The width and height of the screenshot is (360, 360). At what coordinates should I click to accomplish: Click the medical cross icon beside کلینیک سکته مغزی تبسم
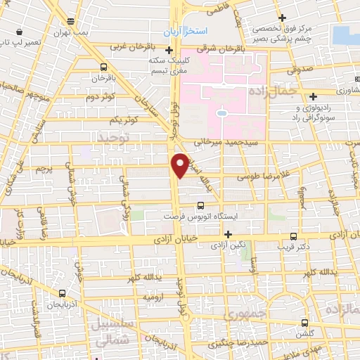click(x=169, y=51)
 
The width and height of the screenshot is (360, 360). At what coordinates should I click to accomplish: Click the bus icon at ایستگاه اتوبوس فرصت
click(x=201, y=206)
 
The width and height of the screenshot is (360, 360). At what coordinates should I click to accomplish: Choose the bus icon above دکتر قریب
click(x=293, y=237)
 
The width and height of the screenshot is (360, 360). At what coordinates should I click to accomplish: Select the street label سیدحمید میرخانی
click(x=221, y=142)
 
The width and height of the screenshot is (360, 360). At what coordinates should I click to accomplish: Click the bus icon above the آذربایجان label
click(x=63, y=294)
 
